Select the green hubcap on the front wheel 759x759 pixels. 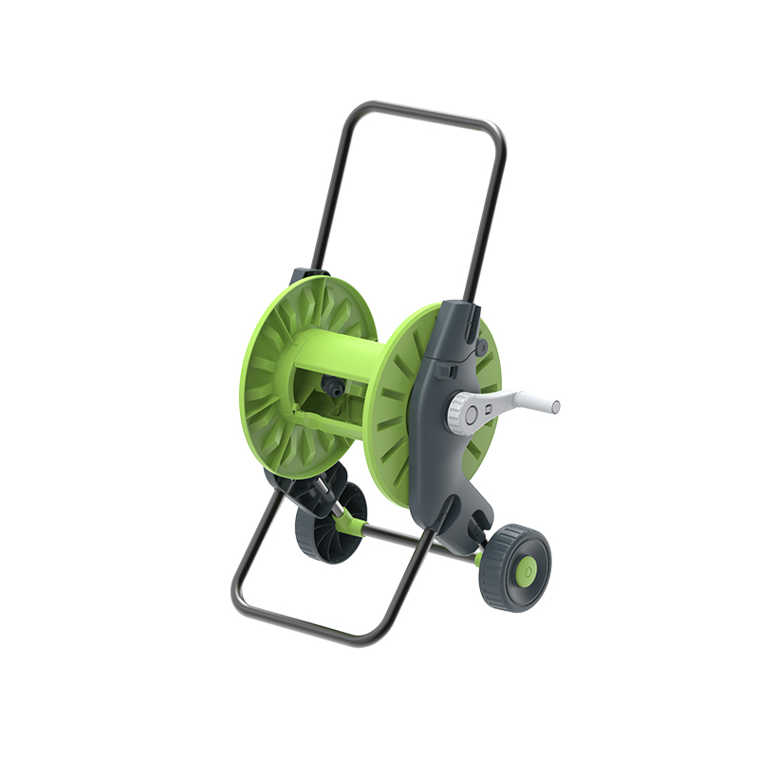pyautogui.click(x=524, y=569)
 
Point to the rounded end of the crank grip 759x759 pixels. pyautogui.click(x=555, y=407)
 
